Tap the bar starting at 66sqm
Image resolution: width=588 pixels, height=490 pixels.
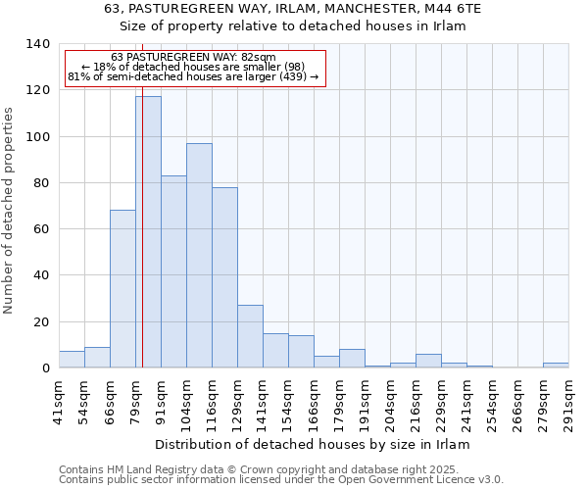point(122,288)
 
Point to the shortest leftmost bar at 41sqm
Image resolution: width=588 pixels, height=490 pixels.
point(72,360)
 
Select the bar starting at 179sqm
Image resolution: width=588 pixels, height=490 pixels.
point(352,359)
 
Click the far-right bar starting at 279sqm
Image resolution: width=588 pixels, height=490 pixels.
point(556,366)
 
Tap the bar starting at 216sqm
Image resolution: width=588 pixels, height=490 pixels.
point(428,361)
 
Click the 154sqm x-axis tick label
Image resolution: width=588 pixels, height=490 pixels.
point(288,399)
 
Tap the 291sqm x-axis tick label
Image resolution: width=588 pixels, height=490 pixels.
point(568,399)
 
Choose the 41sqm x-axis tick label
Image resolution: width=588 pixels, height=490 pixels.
point(59,399)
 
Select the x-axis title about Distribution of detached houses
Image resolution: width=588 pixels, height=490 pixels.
point(313,444)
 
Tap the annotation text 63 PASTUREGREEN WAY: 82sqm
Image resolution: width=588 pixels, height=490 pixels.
point(193,58)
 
